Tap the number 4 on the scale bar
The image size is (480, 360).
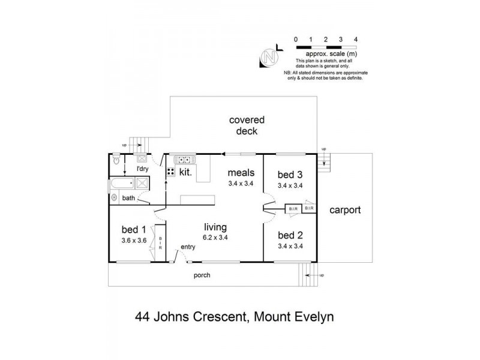click(356, 39)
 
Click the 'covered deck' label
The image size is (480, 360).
click(247, 125)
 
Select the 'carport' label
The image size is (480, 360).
click(345, 211)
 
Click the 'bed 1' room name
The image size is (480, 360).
click(134, 229)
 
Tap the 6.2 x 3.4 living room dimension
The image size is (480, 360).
click(214, 237)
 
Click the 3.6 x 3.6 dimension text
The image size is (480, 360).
click(134, 239)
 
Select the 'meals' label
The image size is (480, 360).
click(240, 173)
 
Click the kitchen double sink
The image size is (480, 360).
click(183, 160)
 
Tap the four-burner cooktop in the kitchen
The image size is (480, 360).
click(170, 172)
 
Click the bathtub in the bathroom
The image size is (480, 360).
click(124, 184)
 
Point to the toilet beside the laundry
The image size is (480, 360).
click(115, 160)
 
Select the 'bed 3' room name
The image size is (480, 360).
click(289, 175)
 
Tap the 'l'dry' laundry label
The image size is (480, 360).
click(142, 170)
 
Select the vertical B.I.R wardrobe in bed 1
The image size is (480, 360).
click(160, 242)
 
